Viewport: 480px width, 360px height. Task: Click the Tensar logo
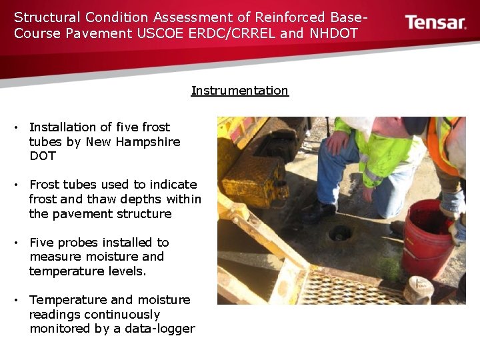(x=435, y=22)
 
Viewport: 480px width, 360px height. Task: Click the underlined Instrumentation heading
(x=239, y=91)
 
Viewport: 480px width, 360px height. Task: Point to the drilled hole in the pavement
(x=341, y=233)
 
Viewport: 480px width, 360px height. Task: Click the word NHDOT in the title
(x=334, y=33)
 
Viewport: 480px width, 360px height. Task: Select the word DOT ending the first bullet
(x=43, y=156)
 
